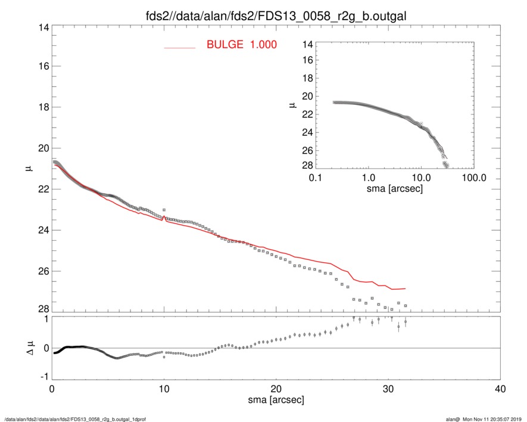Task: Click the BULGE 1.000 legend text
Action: (x=241, y=45)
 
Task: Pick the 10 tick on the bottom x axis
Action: (x=164, y=389)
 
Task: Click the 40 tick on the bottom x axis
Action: (x=500, y=389)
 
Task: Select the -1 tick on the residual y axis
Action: (x=42, y=377)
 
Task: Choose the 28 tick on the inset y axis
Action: (x=307, y=165)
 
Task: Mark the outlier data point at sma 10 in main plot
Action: (x=164, y=210)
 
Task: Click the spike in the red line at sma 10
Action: (x=164, y=218)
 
